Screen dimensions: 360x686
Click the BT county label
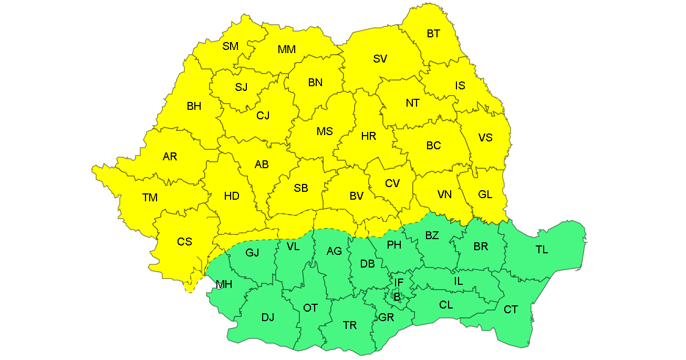(x=433, y=34)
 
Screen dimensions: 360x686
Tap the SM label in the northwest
(x=230, y=46)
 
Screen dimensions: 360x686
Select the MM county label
(x=287, y=49)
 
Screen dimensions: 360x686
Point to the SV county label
(x=380, y=59)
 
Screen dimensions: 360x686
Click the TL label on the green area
(x=542, y=250)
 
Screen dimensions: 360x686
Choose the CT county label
(x=511, y=310)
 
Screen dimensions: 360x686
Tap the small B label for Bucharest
(x=397, y=297)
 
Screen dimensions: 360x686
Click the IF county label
(x=399, y=283)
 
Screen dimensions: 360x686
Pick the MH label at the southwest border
(x=224, y=285)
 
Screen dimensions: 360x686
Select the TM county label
(x=150, y=198)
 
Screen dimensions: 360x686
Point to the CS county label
(x=184, y=242)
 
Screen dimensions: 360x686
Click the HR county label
(x=369, y=136)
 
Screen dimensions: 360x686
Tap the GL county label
(x=485, y=194)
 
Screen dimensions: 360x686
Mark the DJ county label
(x=268, y=317)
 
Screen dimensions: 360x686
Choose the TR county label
(x=350, y=325)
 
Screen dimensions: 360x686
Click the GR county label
(x=386, y=317)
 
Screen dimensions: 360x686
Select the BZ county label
(x=432, y=235)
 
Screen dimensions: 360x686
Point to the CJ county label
(x=263, y=115)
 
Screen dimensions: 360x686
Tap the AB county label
(x=262, y=164)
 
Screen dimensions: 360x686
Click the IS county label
(x=460, y=86)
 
